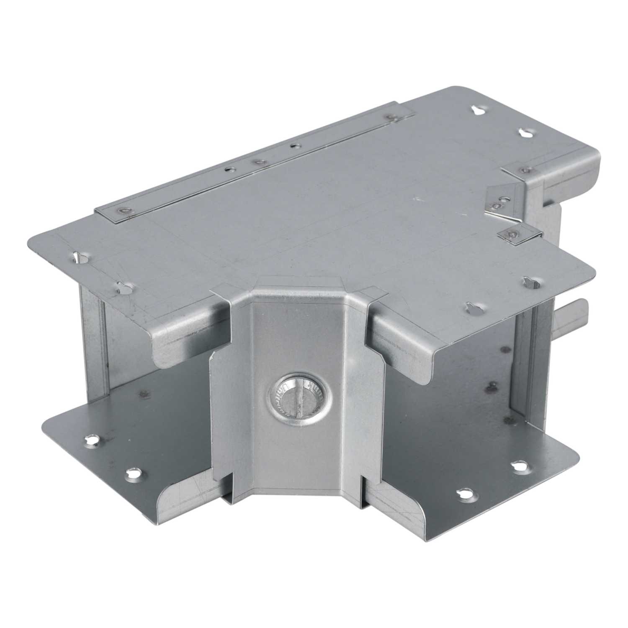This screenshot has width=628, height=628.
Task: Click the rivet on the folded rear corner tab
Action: click(x=525, y=169)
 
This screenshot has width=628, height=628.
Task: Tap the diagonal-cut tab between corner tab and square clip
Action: click(x=498, y=203)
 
